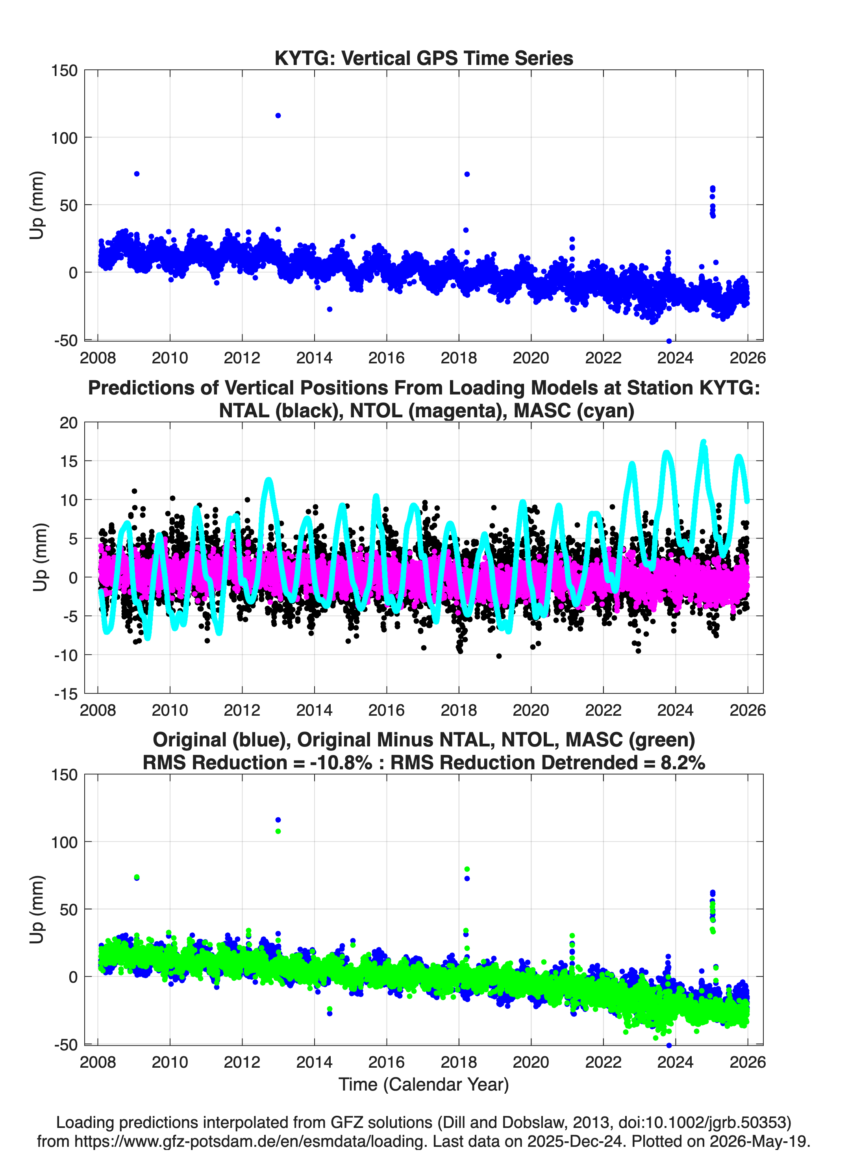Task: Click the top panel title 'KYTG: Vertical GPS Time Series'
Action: click(424, 58)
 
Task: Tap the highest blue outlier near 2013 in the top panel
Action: click(278, 115)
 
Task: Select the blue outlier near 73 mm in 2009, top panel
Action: click(137, 174)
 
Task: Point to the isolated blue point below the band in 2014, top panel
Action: click(329, 309)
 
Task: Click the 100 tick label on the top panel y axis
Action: click(64, 138)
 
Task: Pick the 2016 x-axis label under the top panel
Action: click(386, 358)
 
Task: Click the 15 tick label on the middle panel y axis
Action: click(69, 461)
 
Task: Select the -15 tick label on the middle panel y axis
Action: click(66, 694)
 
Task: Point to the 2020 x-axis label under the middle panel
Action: click(531, 710)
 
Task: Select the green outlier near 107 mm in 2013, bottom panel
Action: click(278, 831)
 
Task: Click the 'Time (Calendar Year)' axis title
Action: click(424, 1084)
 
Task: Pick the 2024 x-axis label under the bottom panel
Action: click(675, 1062)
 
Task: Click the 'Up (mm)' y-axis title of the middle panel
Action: click(40, 557)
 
